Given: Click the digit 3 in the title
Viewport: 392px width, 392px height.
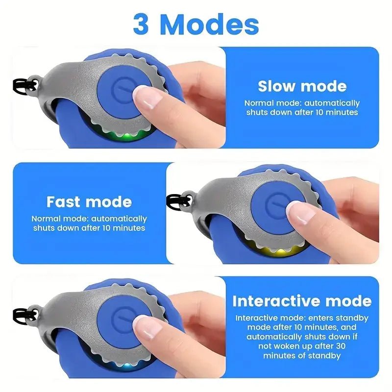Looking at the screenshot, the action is click(x=141, y=24).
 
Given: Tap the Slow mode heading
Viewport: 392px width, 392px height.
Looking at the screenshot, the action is click(x=302, y=86).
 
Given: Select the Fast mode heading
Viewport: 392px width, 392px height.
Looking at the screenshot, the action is click(x=89, y=201).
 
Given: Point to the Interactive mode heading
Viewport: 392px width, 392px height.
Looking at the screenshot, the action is click(x=302, y=301).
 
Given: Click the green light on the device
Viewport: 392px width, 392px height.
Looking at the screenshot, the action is click(x=126, y=137).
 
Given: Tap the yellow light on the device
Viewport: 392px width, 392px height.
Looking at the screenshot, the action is click(x=279, y=251).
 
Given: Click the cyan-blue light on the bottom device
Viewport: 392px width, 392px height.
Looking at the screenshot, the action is click(x=127, y=366).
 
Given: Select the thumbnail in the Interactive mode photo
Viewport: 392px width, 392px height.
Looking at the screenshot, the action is click(x=147, y=327).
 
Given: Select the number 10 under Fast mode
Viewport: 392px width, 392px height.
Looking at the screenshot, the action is click(x=107, y=228).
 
